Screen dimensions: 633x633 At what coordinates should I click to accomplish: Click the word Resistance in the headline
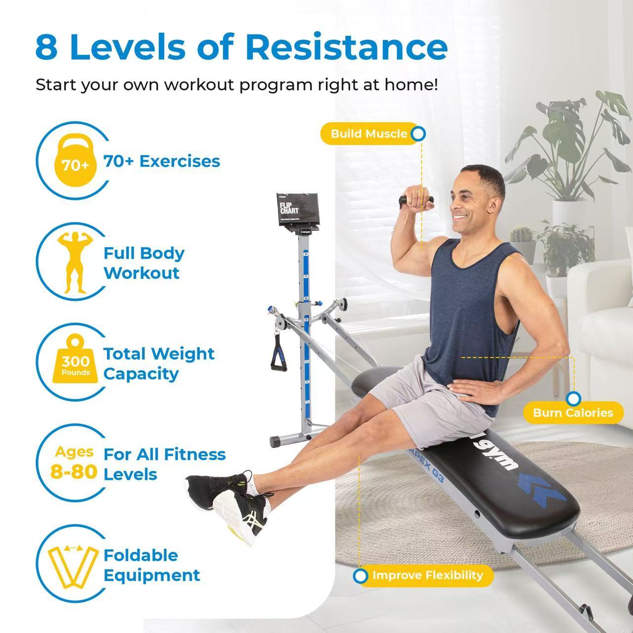[346, 47]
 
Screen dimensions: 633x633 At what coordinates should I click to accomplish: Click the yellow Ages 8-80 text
[74, 463]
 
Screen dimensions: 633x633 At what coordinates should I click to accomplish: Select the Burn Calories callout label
[573, 412]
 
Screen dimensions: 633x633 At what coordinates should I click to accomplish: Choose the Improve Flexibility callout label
[427, 576]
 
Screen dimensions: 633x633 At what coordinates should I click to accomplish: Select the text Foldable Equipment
[151, 565]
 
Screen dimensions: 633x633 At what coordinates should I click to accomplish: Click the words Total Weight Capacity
[159, 363]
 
